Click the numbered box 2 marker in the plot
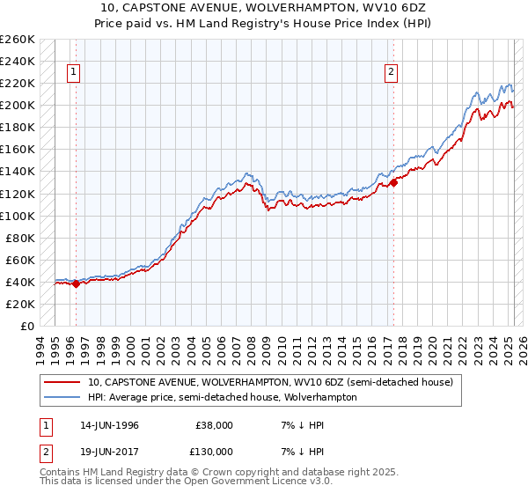click(391, 73)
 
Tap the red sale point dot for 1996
click(77, 283)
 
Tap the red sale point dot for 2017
click(393, 182)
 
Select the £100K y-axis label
click(18, 216)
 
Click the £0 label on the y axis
click(27, 326)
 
